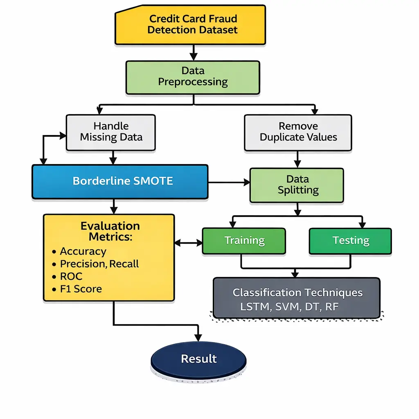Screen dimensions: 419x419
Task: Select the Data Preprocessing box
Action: (x=193, y=77)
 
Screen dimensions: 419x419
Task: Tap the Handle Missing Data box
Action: (x=111, y=132)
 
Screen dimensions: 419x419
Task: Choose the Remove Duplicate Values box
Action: (x=298, y=132)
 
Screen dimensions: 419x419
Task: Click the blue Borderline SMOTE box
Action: (x=120, y=181)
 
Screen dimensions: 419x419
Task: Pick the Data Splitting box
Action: (x=297, y=185)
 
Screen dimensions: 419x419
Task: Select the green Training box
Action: (x=244, y=241)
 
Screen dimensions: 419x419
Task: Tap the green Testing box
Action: (x=350, y=241)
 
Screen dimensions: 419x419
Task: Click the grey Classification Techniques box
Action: (x=297, y=298)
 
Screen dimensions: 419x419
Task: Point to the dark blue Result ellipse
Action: (x=198, y=359)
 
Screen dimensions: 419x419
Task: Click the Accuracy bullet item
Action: (x=83, y=251)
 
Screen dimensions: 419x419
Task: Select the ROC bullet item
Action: (x=71, y=276)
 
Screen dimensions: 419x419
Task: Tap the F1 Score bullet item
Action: (x=81, y=289)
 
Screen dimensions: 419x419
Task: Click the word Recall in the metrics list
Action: (x=125, y=264)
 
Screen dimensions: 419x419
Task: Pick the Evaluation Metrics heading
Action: (x=110, y=231)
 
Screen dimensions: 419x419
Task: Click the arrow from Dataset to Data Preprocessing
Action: (x=193, y=52)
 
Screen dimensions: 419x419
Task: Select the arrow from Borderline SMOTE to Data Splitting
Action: (x=229, y=181)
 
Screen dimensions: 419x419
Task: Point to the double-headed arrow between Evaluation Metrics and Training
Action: (x=189, y=243)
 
